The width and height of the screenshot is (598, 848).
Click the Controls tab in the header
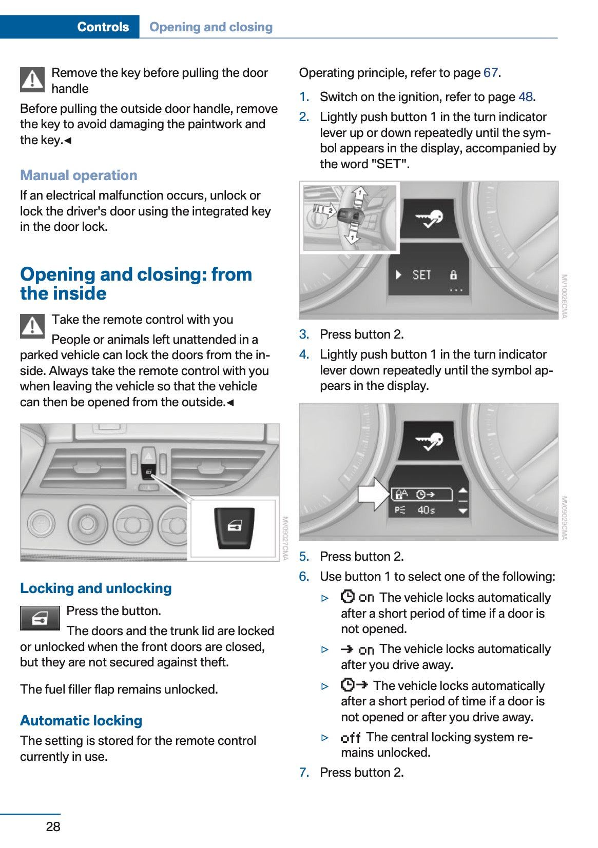coord(103,27)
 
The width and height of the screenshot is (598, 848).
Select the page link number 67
coord(490,73)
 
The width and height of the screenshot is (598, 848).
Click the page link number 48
coord(525,97)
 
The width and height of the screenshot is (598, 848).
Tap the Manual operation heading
coord(79,175)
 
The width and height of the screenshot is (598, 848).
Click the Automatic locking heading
coord(81,721)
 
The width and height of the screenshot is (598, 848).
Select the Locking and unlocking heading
coord(96,588)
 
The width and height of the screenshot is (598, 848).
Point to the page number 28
coord(53,826)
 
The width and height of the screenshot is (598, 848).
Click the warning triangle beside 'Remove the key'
coord(32,80)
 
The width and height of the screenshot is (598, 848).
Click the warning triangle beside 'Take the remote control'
coord(32,326)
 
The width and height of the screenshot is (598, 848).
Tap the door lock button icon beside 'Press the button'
coord(40,618)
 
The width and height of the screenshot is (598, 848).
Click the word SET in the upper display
coord(421,275)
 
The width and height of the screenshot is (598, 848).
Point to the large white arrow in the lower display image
coord(374,494)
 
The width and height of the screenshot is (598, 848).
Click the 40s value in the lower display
coord(426,510)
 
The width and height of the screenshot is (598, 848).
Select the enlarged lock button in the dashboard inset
coord(234,528)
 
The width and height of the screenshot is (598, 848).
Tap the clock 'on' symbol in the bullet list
coord(357,597)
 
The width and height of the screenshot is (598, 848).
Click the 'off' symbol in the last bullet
coord(351,738)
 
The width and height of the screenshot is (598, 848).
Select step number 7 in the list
coord(304,773)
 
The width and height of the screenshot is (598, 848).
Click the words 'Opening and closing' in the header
coord(210,27)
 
